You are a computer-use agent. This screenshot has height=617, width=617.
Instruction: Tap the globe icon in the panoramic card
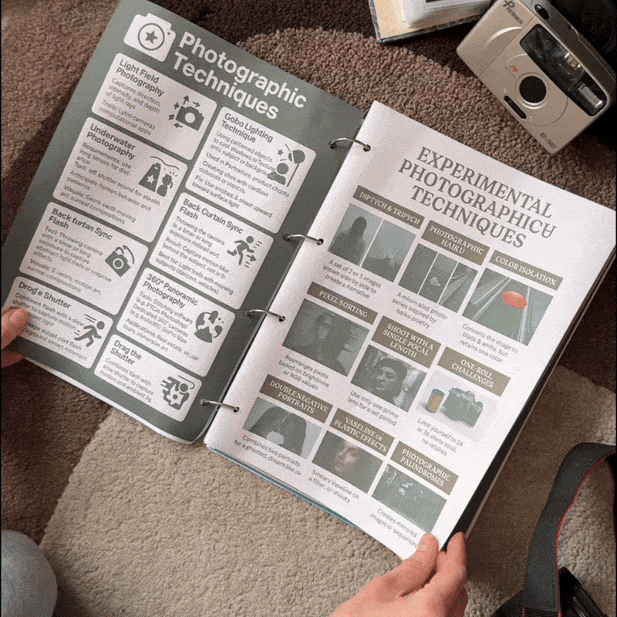tap(207, 325)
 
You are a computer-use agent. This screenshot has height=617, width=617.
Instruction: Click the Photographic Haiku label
tap(457, 242)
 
